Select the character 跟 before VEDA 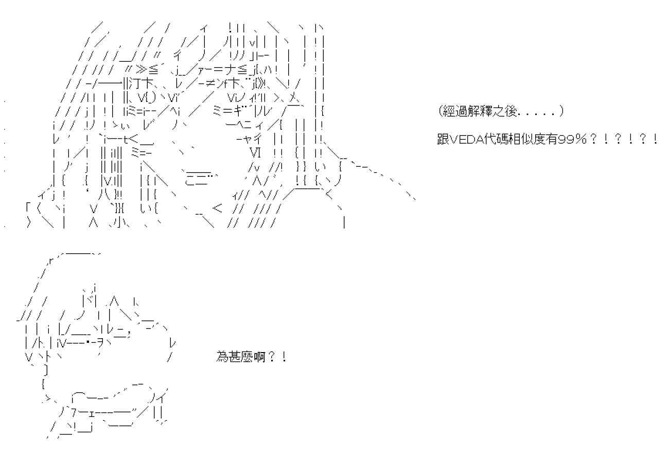pos(443,140)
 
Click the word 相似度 pos(526,140)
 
